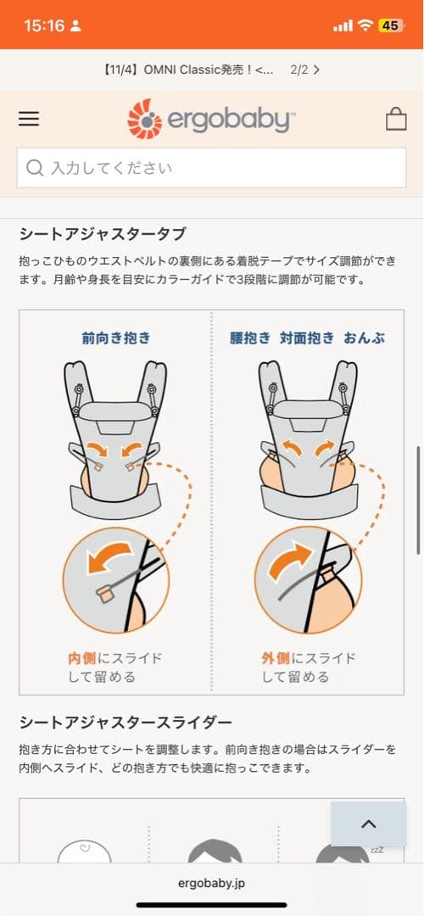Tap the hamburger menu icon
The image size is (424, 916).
[x=29, y=120]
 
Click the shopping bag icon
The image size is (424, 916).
[x=396, y=119]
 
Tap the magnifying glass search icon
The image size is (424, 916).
[x=35, y=168]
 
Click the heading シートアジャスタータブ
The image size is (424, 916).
[x=102, y=234]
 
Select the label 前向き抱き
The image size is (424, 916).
[x=116, y=338]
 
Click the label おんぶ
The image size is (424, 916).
[x=364, y=338]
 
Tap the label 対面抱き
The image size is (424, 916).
[x=306, y=338]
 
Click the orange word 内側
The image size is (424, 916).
[x=83, y=658]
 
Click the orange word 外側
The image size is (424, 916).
[x=276, y=658]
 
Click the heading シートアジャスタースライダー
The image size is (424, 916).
[x=125, y=723]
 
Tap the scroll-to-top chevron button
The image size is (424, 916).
[x=368, y=824]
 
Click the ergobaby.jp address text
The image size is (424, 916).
[x=212, y=883]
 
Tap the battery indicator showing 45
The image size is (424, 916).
[x=390, y=25]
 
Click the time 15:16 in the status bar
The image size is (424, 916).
[x=44, y=25]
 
